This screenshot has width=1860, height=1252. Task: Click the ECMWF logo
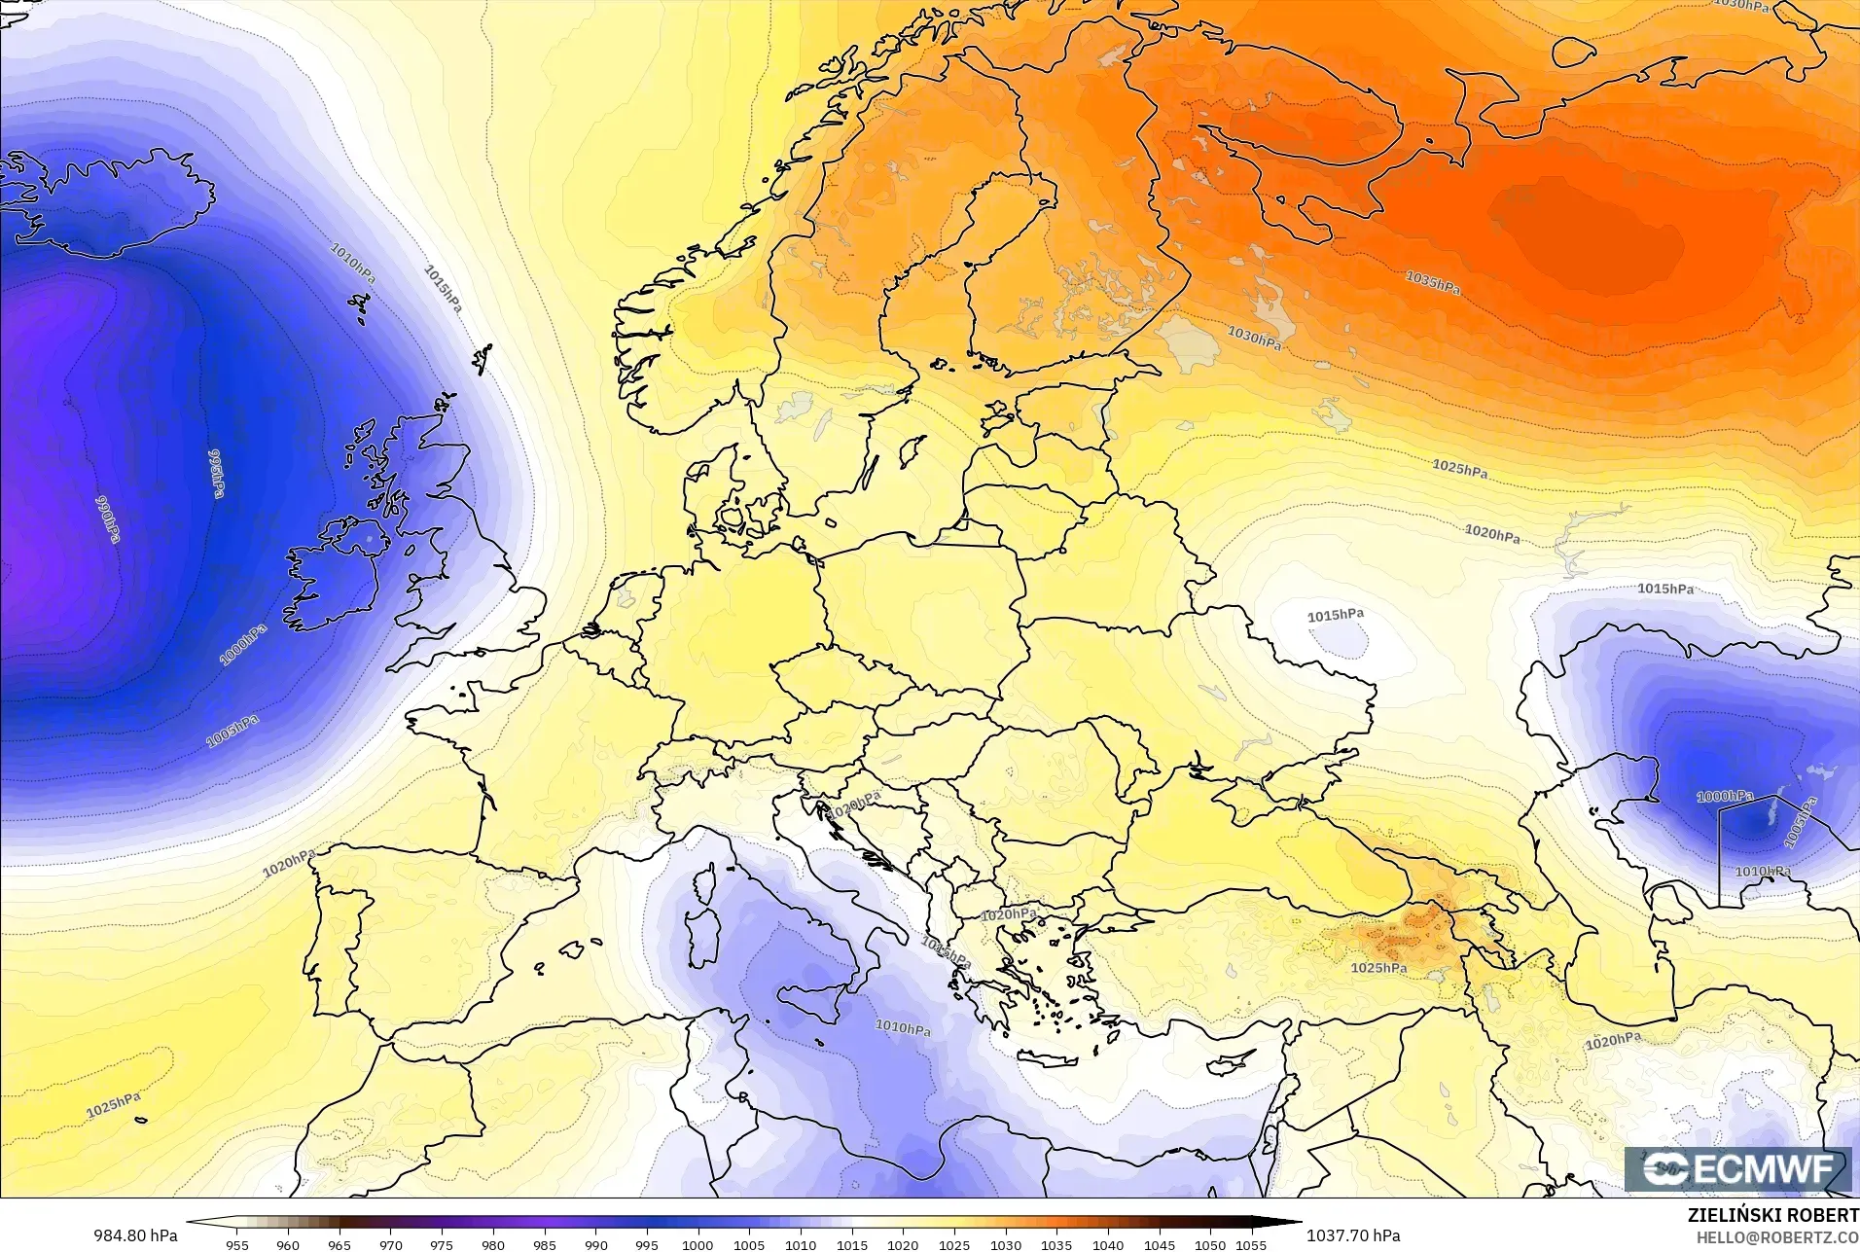pyautogui.click(x=1738, y=1169)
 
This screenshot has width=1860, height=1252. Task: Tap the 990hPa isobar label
pyautogui.click(x=107, y=519)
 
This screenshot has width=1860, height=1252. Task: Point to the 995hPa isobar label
pyautogui.click(x=216, y=473)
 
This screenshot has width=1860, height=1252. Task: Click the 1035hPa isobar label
pyautogui.click(x=1432, y=282)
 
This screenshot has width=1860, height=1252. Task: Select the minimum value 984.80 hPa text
pyautogui.click(x=136, y=1234)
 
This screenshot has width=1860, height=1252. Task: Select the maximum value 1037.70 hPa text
pyautogui.click(x=1352, y=1234)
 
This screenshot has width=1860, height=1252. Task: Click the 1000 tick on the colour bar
pyautogui.click(x=697, y=1244)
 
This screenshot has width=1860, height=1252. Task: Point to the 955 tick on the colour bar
pyautogui.click(x=237, y=1244)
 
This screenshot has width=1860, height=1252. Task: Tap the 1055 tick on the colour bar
pyautogui.click(x=1251, y=1244)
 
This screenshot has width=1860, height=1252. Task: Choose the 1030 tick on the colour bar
pyautogui.click(x=1005, y=1244)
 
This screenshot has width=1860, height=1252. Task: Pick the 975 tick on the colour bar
pyautogui.click(x=442, y=1244)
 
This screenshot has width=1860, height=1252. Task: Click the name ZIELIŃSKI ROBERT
pyautogui.click(x=1772, y=1215)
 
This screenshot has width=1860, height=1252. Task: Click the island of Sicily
pyautogui.click(x=807, y=1004)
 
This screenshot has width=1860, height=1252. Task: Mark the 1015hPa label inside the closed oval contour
pyautogui.click(x=1335, y=616)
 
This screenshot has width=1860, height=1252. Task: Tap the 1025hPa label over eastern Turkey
pyautogui.click(x=1378, y=968)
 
